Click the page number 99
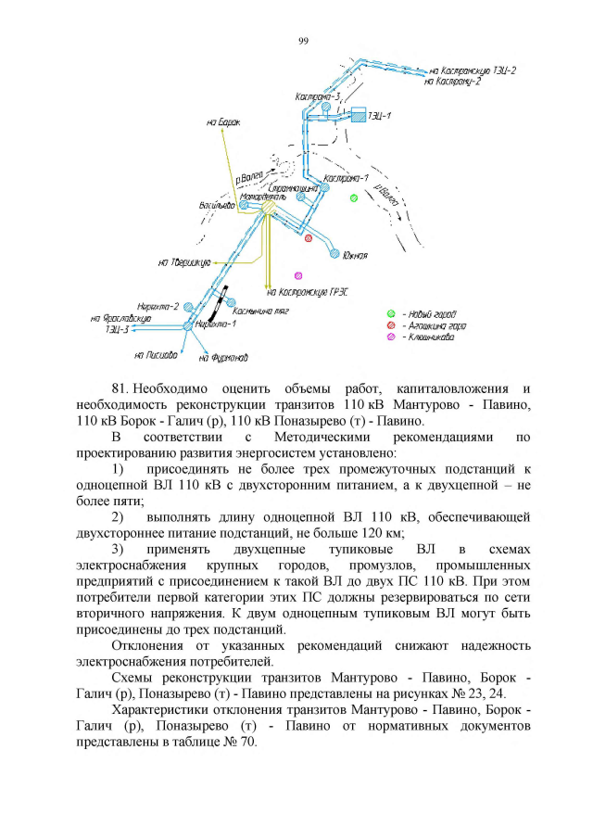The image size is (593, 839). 303,41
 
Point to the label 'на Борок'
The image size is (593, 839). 223,121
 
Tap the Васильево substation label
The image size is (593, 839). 216,204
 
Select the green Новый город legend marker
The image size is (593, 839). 391,314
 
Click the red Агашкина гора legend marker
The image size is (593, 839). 391,326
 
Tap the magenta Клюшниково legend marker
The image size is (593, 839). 391,337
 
